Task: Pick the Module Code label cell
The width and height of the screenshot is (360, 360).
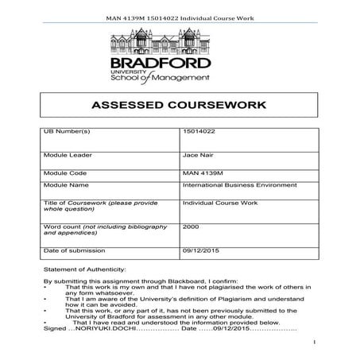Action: pyautogui.click(x=63, y=170)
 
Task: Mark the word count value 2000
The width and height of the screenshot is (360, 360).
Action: pyautogui.click(x=190, y=226)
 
